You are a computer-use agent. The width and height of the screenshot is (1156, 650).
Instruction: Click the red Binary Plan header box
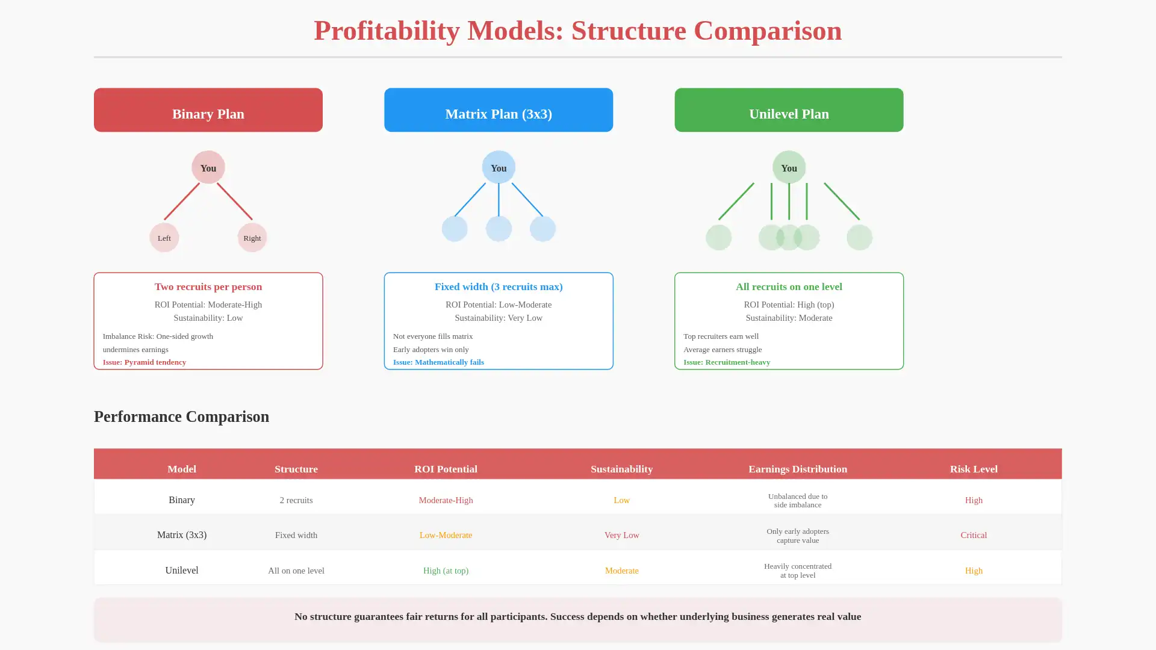[208, 110]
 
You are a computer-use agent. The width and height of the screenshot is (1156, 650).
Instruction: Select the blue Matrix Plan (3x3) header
[498, 110]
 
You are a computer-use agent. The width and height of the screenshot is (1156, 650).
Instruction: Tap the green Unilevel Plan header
[789, 110]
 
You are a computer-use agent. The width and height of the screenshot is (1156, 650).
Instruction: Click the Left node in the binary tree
[164, 238]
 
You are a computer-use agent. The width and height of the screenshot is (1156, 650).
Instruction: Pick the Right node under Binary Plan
[252, 238]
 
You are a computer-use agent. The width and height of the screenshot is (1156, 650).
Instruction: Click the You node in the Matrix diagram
[499, 167]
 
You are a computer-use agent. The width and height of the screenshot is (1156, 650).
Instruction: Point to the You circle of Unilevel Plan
[789, 167]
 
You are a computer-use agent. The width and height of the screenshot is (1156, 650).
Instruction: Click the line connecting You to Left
[182, 201]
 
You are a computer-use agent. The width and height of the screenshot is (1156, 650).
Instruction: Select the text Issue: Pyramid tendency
[144, 362]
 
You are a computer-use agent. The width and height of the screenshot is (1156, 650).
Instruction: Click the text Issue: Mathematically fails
[438, 362]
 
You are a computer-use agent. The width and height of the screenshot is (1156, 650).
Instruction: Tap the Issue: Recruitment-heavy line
[727, 362]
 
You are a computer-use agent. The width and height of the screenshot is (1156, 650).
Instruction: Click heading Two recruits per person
[208, 287]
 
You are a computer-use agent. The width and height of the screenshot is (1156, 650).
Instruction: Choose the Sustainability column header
[621, 469]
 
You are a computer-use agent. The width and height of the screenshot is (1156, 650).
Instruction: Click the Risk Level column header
[974, 469]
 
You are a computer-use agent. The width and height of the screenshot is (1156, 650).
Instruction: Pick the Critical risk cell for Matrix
[974, 535]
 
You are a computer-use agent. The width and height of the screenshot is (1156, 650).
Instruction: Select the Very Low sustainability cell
[621, 535]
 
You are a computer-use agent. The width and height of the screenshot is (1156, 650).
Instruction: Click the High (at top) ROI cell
[446, 571]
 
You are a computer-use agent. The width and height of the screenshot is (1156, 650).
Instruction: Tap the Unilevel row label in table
[181, 571]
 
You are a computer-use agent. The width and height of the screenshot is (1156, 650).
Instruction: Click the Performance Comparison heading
[181, 416]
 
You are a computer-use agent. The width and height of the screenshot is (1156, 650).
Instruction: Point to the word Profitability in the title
[386, 31]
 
